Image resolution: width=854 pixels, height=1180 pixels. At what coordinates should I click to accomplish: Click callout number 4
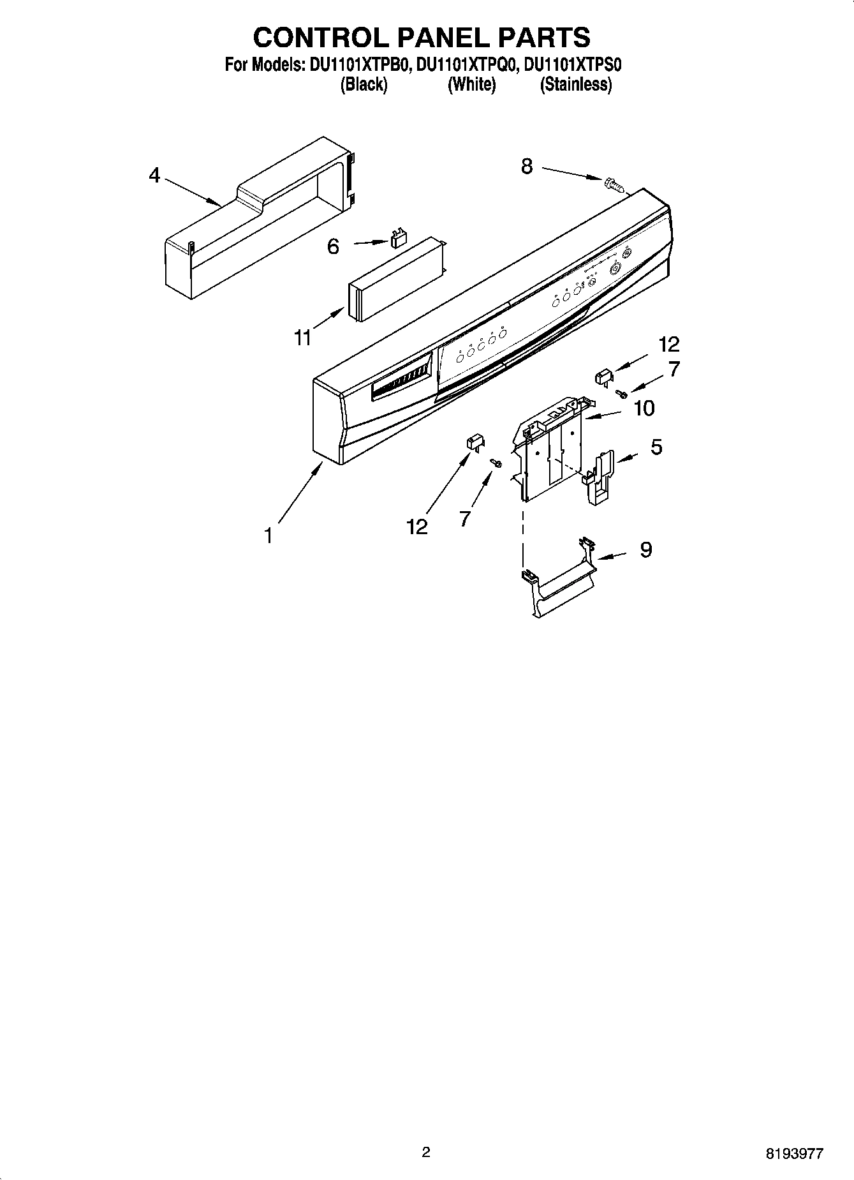[154, 176]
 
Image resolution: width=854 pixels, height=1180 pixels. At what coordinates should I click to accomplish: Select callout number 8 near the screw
[526, 167]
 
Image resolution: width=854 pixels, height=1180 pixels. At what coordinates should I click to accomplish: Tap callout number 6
[333, 246]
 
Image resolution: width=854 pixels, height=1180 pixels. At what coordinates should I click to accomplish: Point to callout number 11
[303, 338]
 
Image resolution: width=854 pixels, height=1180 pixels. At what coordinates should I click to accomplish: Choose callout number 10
[644, 408]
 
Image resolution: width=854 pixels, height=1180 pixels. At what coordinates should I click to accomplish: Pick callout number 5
[656, 447]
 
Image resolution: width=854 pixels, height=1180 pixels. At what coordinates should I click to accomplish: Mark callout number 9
[645, 549]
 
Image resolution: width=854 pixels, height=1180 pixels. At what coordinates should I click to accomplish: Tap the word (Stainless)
[575, 85]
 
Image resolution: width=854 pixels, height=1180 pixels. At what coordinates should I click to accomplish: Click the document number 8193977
[794, 1153]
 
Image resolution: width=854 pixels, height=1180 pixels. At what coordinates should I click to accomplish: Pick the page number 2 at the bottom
[426, 1152]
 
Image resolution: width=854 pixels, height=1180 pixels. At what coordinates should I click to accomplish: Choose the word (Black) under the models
[364, 85]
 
